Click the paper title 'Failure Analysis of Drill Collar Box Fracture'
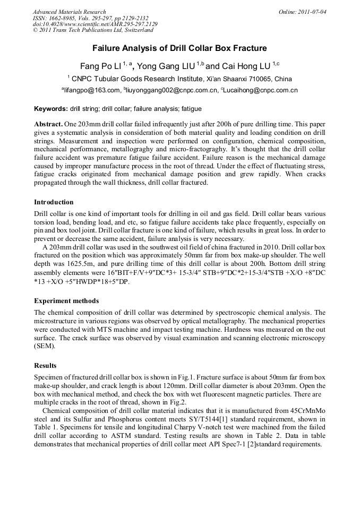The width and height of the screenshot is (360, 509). tap(179, 48)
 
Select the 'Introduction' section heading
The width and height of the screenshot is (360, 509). tap(54, 202)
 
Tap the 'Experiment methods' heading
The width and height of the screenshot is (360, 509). tap(66, 301)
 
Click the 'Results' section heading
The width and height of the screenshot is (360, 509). tap(46, 366)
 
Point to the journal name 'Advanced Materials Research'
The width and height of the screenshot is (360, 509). tap(69, 11)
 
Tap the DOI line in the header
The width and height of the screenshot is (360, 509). tap(95, 24)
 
